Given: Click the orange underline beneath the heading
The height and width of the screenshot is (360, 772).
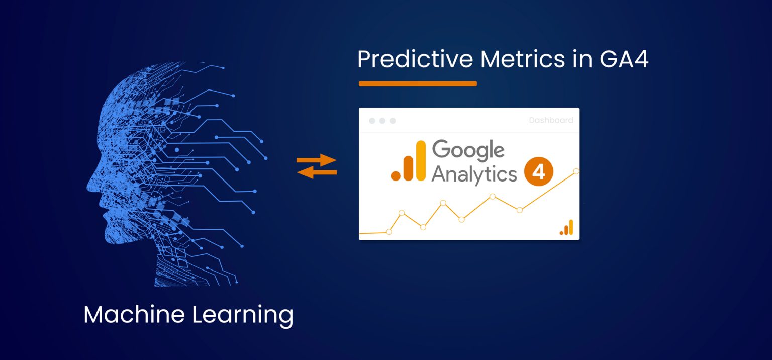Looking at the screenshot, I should pyautogui.click(x=418, y=84).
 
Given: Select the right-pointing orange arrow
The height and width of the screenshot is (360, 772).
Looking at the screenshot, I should pyautogui.click(x=317, y=161).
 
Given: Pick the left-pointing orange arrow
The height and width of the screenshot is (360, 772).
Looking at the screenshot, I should pyautogui.click(x=317, y=172).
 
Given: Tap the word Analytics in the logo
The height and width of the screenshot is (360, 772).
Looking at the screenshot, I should pyautogui.click(x=474, y=173).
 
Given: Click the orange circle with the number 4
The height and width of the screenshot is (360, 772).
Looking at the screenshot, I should pyautogui.click(x=538, y=172).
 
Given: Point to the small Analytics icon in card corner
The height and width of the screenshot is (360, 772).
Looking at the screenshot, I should pyautogui.click(x=566, y=228).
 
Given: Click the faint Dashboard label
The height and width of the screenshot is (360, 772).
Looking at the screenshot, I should pyautogui.click(x=551, y=121).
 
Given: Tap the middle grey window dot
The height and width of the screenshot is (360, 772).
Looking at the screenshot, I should pyautogui.click(x=382, y=121).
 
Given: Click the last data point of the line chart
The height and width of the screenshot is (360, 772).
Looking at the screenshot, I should pyautogui.click(x=576, y=171).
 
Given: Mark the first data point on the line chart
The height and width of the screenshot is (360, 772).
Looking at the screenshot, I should pyautogui.click(x=389, y=232).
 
